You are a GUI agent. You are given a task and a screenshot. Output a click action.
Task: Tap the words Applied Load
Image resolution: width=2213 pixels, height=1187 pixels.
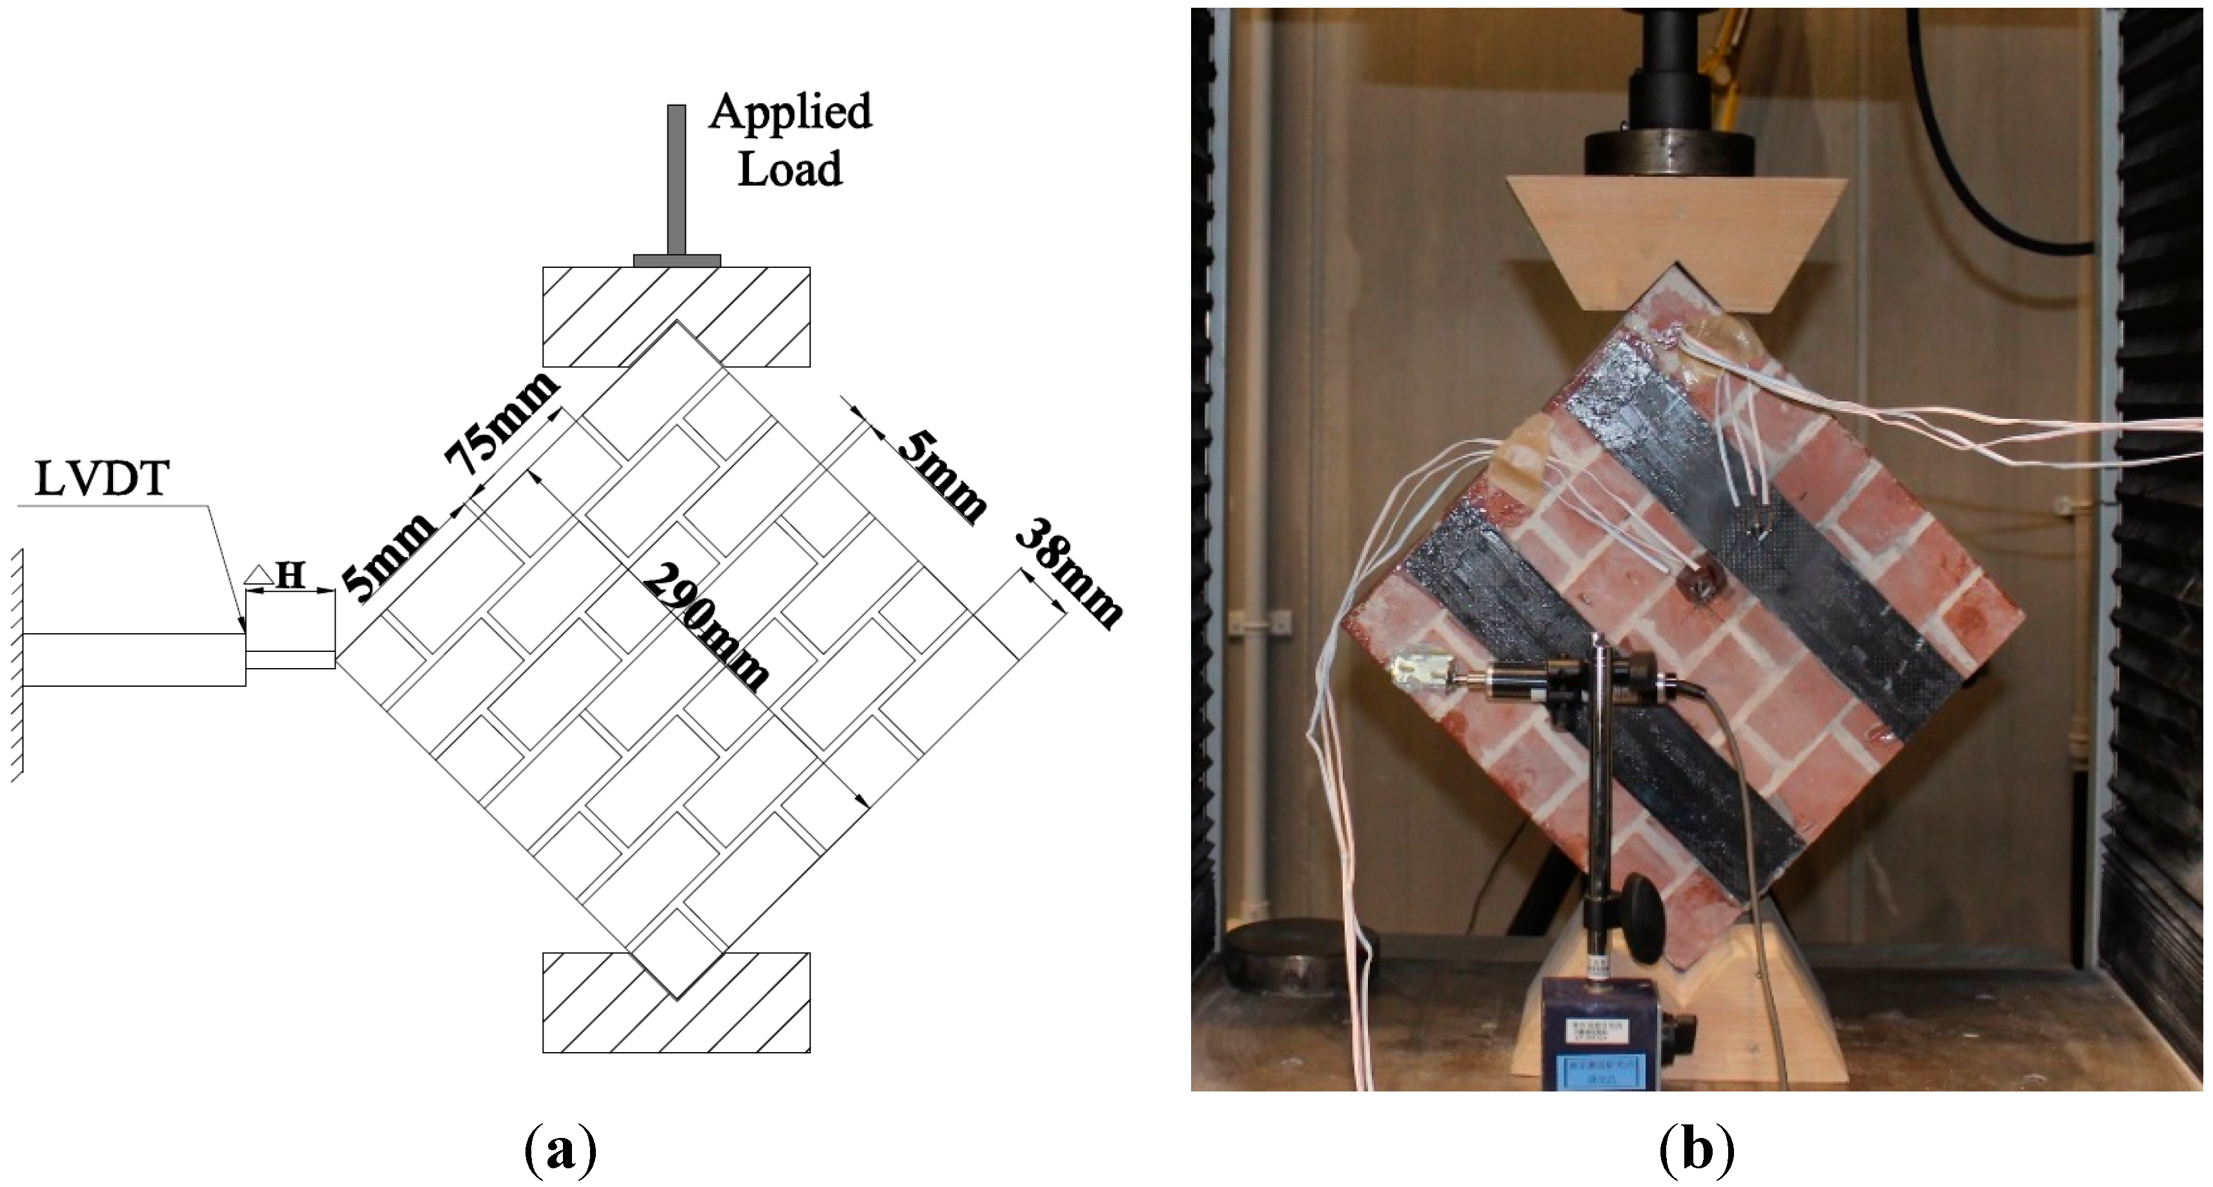(790, 140)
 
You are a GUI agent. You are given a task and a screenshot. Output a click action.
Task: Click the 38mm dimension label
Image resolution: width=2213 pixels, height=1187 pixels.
(1068, 573)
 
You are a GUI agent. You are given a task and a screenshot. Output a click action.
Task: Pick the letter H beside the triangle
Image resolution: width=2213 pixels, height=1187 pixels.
(291, 576)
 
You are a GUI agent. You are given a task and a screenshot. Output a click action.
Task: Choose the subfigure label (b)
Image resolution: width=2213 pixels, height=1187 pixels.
(1696, 1151)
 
